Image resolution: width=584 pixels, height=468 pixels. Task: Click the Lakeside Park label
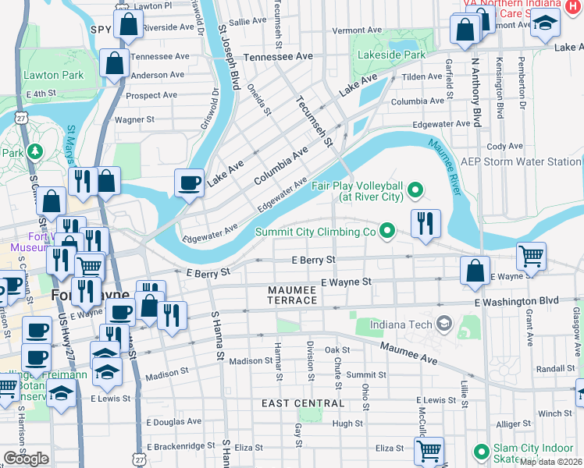pyautogui.click(x=392, y=55)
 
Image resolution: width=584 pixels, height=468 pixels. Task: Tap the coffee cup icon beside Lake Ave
pyautogui.click(x=189, y=183)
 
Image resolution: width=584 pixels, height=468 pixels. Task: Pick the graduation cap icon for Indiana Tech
pyautogui.click(x=443, y=323)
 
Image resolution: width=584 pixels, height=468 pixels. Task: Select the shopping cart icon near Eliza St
pyautogui.click(x=429, y=450)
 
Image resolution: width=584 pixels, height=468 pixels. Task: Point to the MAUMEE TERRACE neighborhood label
pyautogui.click(x=293, y=295)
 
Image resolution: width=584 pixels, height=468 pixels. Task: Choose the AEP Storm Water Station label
pyautogui.click(x=521, y=161)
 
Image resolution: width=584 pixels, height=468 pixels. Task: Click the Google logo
pyautogui.click(x=26, y=458)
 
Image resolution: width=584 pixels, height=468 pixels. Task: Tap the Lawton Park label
pyautogui.click(x=54, y=76)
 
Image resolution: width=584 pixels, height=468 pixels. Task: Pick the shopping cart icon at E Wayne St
pyautogui.click(x=531, y=255)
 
